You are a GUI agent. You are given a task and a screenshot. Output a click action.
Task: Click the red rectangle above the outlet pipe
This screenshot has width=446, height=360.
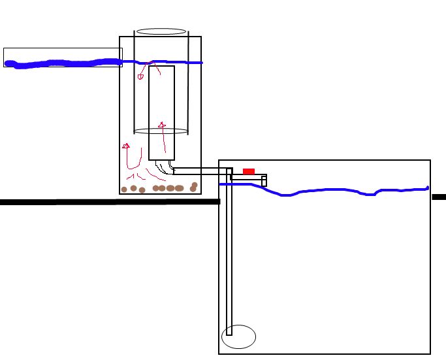[249, 171]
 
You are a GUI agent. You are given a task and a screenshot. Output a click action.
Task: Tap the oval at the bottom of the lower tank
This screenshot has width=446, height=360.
[238, 337]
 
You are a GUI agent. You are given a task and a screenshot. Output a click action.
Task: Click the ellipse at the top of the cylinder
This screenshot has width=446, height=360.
[161, 31]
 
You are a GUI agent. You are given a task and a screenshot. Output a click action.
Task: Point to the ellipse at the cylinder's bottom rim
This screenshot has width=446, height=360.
[161, 131]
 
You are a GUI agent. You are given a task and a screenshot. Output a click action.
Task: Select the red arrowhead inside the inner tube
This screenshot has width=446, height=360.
[162, 124]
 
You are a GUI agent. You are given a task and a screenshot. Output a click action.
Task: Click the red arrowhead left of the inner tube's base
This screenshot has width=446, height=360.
[126, 146]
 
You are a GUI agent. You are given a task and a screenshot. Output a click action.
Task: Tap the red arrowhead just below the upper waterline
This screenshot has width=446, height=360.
[140, 76]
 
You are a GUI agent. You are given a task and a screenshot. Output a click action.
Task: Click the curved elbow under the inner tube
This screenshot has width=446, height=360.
[165, 168]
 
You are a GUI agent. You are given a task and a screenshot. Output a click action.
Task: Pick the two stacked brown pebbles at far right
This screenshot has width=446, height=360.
[194, 187]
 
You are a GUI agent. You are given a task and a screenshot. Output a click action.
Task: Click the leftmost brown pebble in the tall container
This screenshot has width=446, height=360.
[124, 190]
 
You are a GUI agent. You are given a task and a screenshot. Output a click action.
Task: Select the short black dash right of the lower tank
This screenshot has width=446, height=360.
[439, 197]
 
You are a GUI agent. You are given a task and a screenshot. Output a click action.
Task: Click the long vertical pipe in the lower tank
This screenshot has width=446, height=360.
[229, 261]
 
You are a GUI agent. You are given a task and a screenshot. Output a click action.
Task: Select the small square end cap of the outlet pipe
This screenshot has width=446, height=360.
[264, 182]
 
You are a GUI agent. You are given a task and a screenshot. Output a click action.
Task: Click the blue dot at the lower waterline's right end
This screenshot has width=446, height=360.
[428, 188]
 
